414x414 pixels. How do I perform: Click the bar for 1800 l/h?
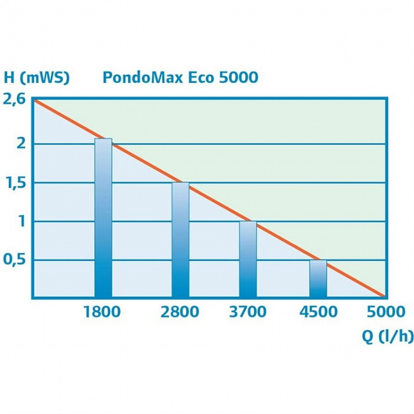tap(103, 218)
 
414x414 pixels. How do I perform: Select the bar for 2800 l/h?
tap(180, 240)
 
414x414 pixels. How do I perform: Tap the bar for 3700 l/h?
tap(248, 260)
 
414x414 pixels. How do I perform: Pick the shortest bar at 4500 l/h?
tap(318, 279)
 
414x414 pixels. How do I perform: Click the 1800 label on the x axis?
tap(102, 312)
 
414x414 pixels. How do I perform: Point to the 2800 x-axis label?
tap(180, 312)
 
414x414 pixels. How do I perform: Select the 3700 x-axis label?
tap(248, 312)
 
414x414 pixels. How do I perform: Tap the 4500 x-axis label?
tap(318, 312)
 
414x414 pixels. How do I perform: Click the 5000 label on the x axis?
tap(386, 312)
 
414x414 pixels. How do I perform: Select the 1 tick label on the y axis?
tap(21, 221)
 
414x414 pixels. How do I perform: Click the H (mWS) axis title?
tap(36, 78)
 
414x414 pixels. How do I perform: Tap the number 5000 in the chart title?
tap(238, 78)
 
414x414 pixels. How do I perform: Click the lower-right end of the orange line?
tap(383, 297)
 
